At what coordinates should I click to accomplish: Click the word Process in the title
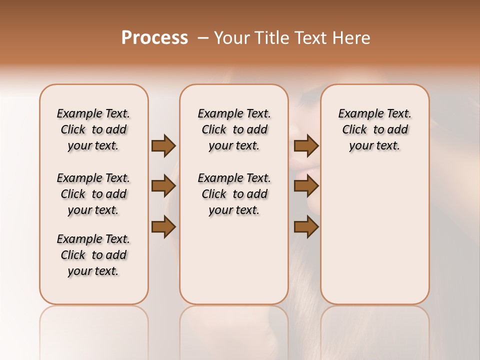point(154,38)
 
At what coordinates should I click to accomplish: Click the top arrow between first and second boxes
point(163,145)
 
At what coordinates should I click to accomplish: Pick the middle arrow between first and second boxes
point(163,186)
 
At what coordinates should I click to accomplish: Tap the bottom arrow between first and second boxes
point(163,227)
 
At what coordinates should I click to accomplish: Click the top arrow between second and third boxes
point(306,145)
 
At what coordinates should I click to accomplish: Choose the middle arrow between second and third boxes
point(306,186)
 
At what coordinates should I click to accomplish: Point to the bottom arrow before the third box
point(306,227)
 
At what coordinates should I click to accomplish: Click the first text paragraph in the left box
point(93,129)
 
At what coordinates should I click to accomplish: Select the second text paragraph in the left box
point(93,194)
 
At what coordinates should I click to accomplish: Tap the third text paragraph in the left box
point(93,255)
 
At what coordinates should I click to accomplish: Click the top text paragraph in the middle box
point(234,129)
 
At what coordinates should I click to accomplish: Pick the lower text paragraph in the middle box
point(234,194)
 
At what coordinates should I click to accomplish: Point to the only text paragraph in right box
point(375,129)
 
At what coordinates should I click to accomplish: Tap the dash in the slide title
point(203,38)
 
